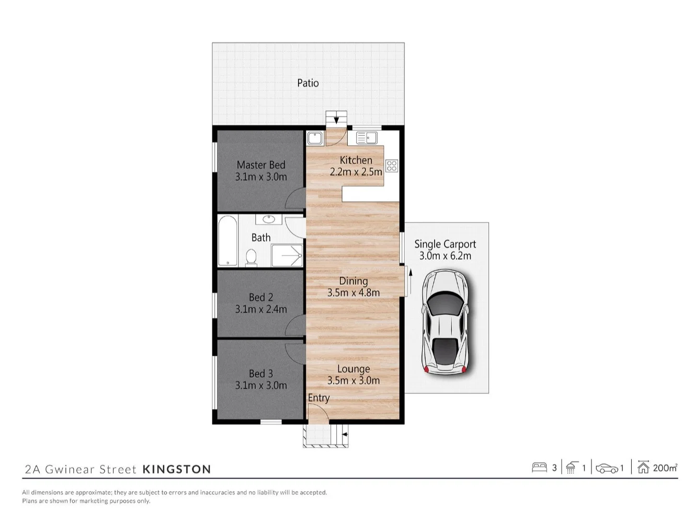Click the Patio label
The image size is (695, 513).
[307, 83]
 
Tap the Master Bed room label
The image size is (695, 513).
[260, 165]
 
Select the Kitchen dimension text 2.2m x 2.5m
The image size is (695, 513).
[356, 172]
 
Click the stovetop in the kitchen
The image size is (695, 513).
[392, 166]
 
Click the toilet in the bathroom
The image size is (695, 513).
[251, 256]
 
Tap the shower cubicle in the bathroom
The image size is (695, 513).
[287, 255]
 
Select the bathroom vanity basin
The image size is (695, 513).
[269, 219]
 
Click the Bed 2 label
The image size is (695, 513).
[260, 297]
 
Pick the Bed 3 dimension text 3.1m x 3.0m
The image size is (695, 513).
[260, 386]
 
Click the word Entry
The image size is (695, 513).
[318, 398]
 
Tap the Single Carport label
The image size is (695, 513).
[445, 244]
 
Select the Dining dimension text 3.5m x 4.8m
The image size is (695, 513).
[354, 293]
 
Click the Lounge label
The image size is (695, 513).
[354, 369]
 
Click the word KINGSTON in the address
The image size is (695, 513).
[177, 469]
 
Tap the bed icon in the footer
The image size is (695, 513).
[539, 467]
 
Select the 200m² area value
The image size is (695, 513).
[665, 468]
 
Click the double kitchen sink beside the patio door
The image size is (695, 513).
[367, 138]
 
